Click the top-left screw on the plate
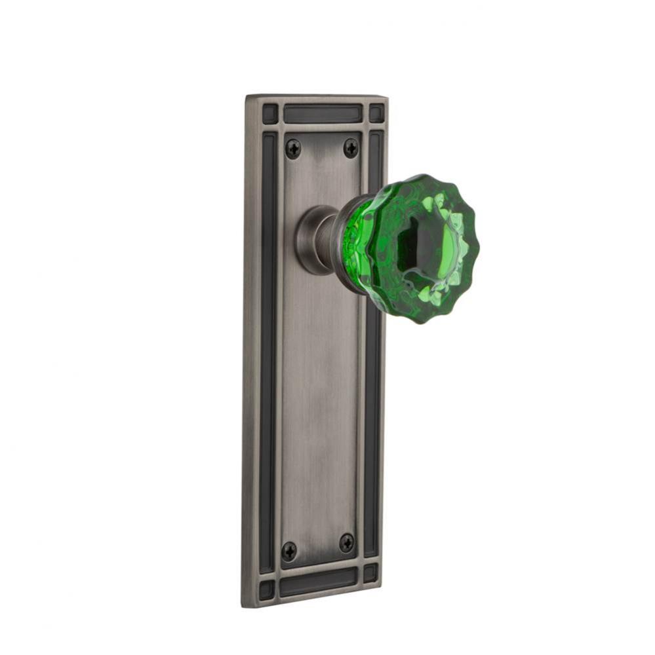pyautogui.click(x=293, y=149)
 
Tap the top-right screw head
pyautogui.click(x=351, y=147)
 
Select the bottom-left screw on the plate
pyautogui.click(x=289, y=551)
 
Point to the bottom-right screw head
pyautogui.click(x=346, y=542)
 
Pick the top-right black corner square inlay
pyautogui.click(x=376, y=113)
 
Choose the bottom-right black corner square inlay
pyautogui.click(x=370, y=573)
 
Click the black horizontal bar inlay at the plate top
pyautogui.click(x=322, y=113)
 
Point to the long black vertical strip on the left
pyautogui.click(x=268, y=347)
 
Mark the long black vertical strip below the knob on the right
pyautogui.click(x=372, y=426)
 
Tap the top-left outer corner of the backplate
pyautogui.click(x=247, y=96)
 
